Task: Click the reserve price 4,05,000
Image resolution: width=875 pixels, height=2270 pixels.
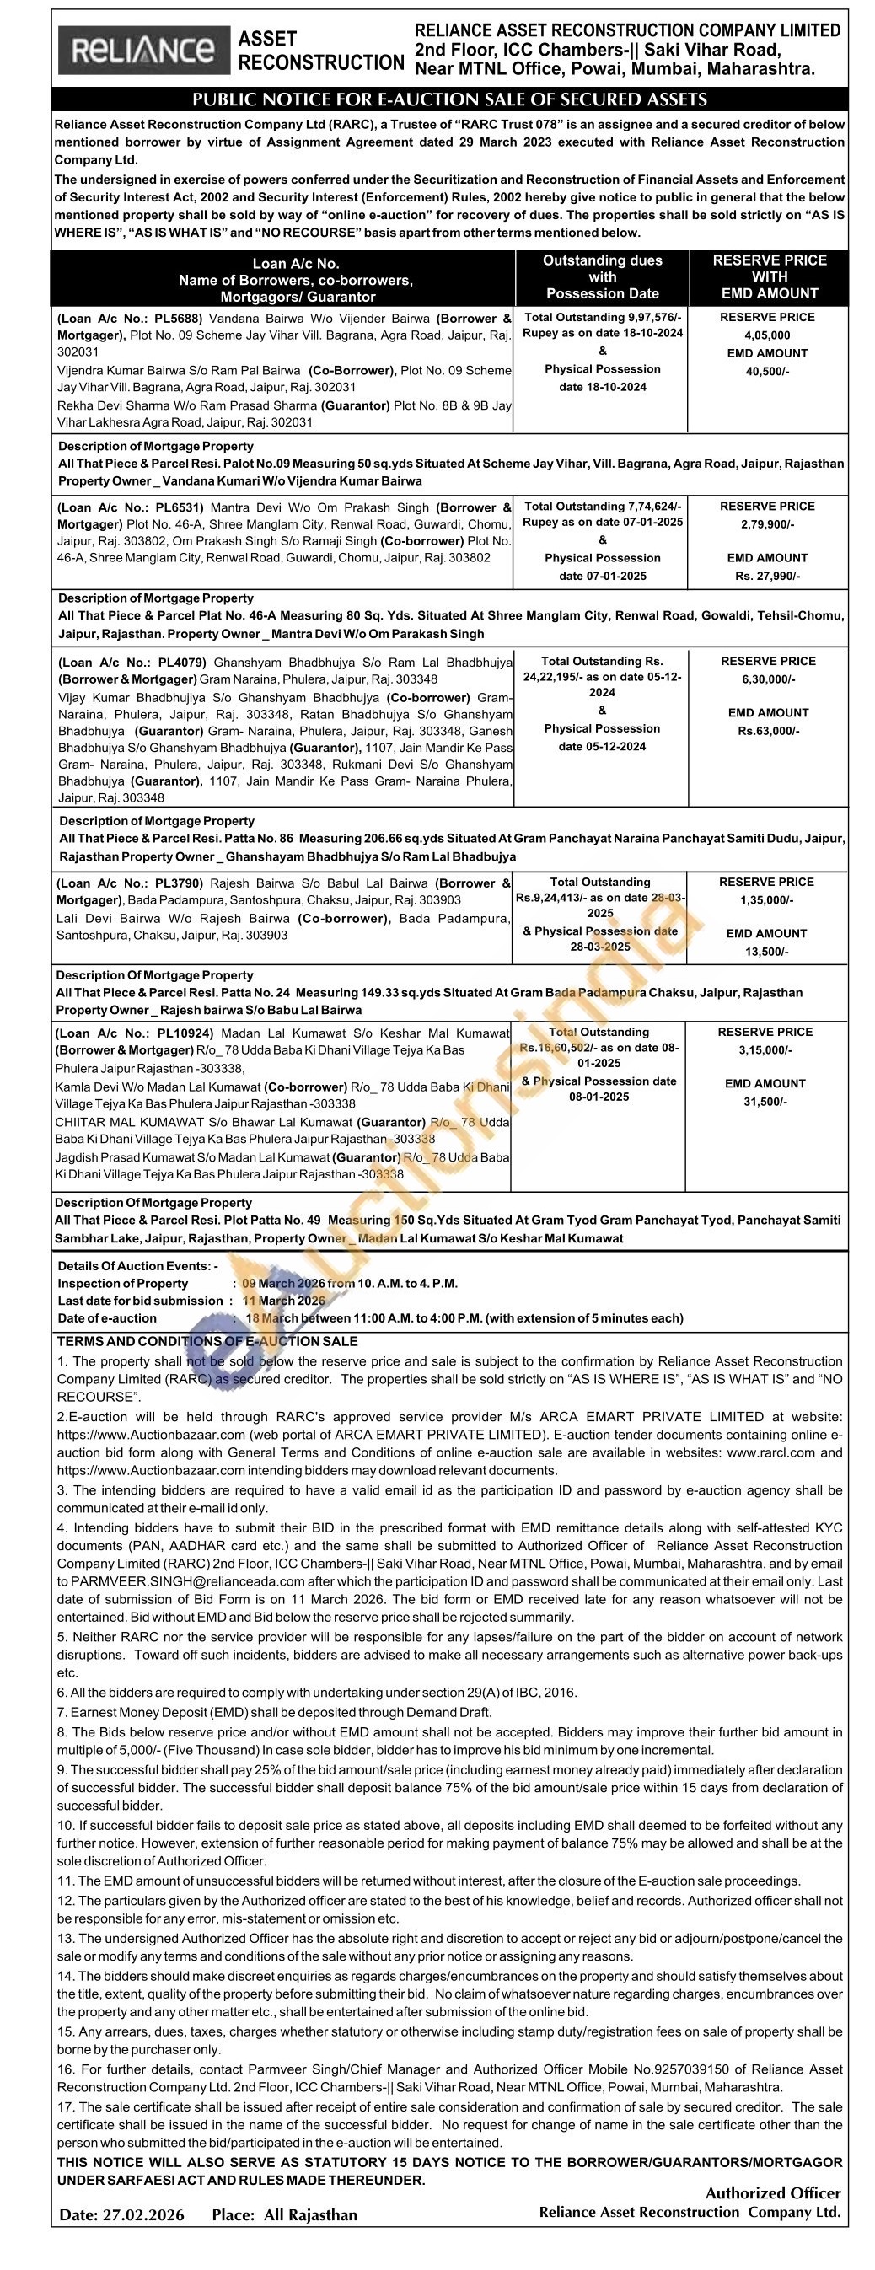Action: click(x=766, y=335)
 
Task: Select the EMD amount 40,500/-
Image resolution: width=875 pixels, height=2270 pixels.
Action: click(x=766, y=371)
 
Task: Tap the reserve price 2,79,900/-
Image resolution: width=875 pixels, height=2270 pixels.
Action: click(x=767, y=524)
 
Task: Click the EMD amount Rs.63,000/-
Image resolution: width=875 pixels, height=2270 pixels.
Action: click(x=767, y=731)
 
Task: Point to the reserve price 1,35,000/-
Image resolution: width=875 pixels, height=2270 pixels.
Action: click(x=766, y=899)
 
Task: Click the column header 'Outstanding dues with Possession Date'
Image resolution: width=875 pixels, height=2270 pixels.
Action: click(x=602, y=276)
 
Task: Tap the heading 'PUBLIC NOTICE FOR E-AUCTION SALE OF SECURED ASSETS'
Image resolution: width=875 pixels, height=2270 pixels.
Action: click(x=449, y=99)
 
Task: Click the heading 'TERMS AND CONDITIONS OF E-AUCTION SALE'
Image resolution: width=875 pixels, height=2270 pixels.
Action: click(x=207, y=1341)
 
